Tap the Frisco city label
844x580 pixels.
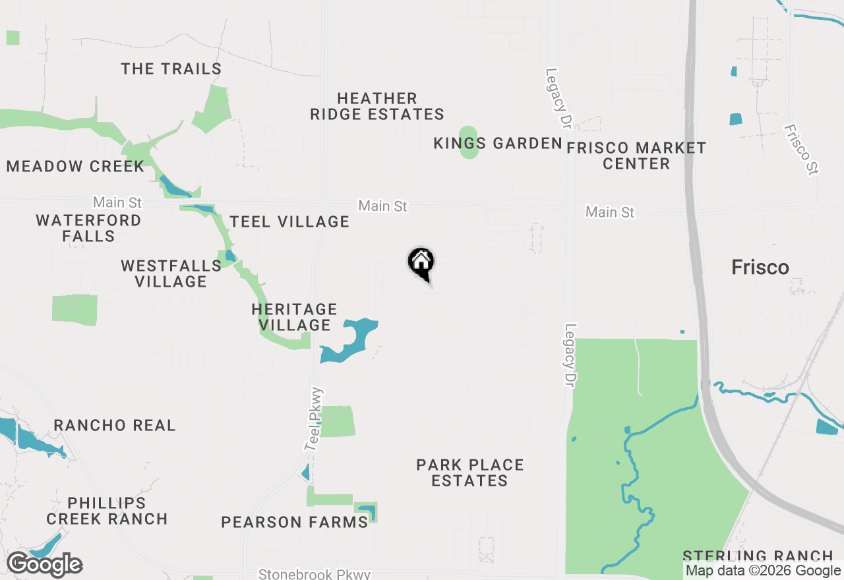click(760, 267)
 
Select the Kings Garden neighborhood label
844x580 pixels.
click(498, 144)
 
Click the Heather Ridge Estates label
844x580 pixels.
click(377, 106)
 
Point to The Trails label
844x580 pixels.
click(171, 69)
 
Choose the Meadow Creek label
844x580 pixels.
click(75, 166)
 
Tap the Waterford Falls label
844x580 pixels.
click(88, 228)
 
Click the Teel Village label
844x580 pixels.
click(289, 222)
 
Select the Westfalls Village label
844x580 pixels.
click(171, 274)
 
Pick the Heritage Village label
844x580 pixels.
click(295, 317)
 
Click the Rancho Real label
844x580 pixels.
click(115, 426)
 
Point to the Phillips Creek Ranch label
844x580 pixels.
click(107, 511)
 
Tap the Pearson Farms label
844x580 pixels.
click(294, 523)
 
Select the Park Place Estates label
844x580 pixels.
click(470, 473)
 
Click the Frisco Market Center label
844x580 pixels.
click(636, 156)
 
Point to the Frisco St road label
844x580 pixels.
click(801, 150)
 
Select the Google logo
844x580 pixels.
click(45, 565)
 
